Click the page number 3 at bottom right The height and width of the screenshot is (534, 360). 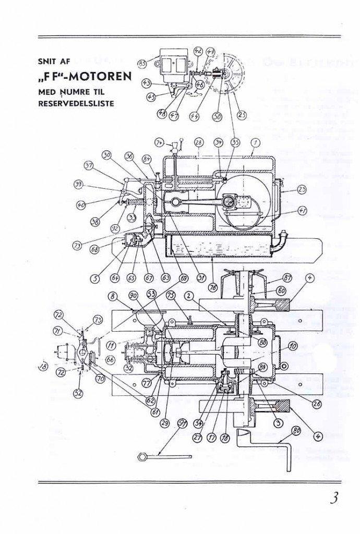click(x=333, y=497)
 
